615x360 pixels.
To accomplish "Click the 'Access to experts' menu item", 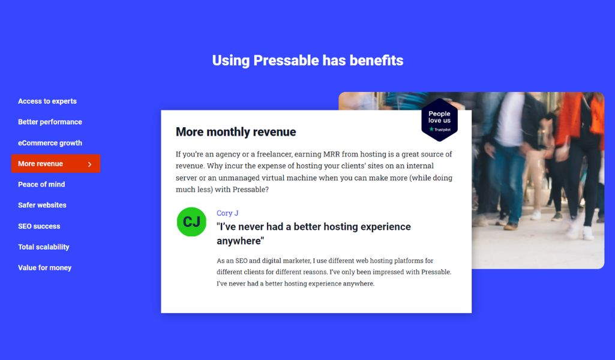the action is [x=47, y=101].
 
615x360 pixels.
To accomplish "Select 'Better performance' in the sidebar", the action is [x=50, y=122].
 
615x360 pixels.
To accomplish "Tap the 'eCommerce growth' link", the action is [x=50, y=143].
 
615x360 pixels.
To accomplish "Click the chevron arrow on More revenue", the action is [x=90, y=164].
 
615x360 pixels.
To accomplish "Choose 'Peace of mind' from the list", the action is [x=41, y=184].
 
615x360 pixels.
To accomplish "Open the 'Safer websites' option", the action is [x=42, y=205].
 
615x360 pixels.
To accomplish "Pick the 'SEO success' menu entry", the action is [x=39, y=226].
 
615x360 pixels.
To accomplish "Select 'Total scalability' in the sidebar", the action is [x=44, y=247].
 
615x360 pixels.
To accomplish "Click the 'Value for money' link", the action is [x=45, y=268].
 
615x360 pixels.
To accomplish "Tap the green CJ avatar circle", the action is [x=191, y=222].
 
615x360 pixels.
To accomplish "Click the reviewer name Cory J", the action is [x=227, y=213].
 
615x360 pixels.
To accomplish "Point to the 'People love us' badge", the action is [x=439, y=119].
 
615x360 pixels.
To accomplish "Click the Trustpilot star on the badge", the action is [x=431, y=129].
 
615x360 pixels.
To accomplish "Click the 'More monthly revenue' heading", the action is [x=236, y=132].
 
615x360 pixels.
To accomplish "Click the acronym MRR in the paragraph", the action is [x=331, y=154].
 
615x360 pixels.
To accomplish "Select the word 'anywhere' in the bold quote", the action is [x=240, y=241].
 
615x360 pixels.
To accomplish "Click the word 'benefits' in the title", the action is [x=376, y=61].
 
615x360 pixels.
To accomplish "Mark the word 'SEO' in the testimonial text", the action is [x=241, y=260].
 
